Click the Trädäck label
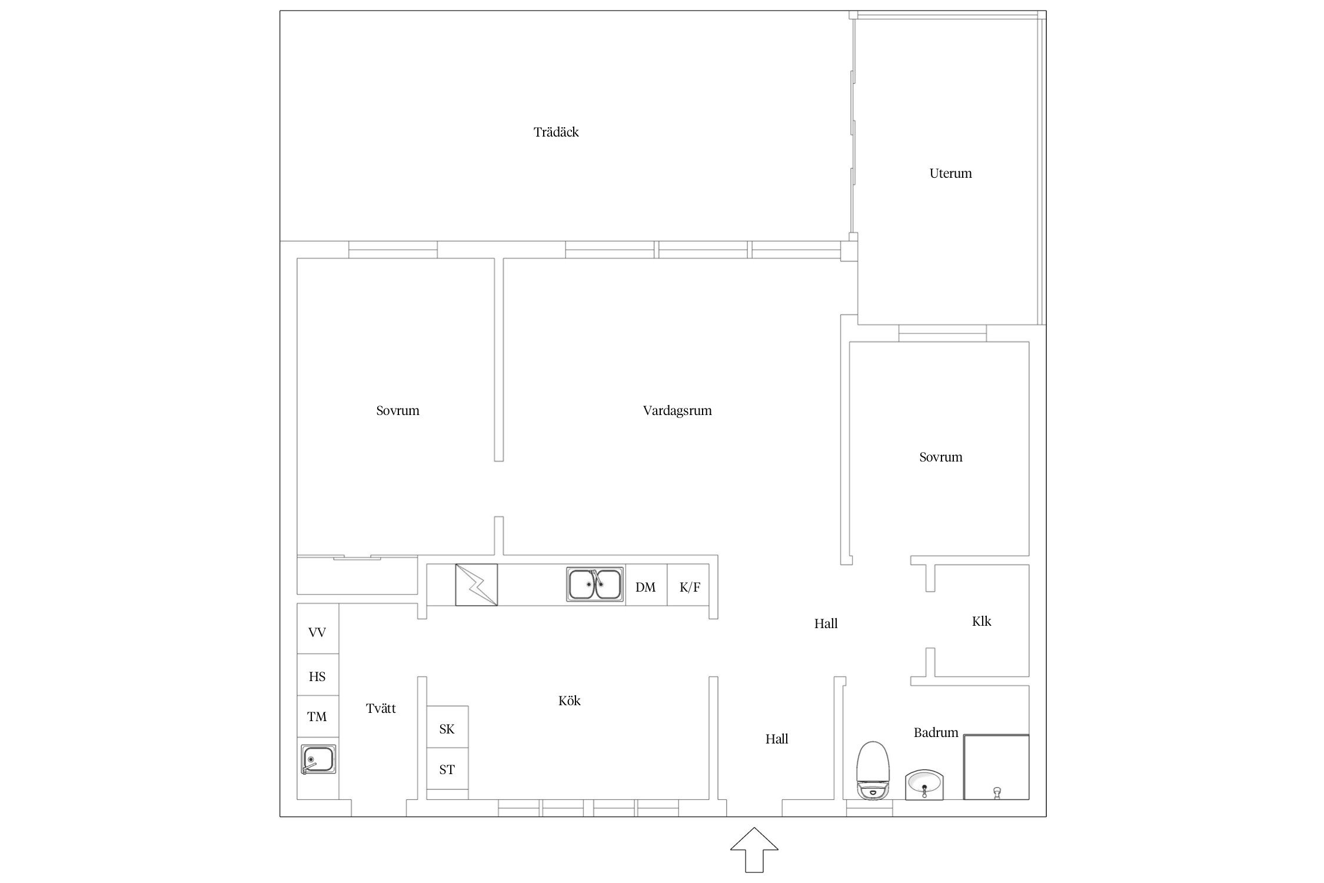point(556,132)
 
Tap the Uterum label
point(950,173)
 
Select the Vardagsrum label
point(677,411)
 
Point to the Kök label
point(569,701)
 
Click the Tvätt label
point(381,708)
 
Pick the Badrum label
point(936,732)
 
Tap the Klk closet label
point(982,621)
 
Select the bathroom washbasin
point(924,785)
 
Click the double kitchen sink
point(595,585)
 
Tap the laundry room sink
point(318,759)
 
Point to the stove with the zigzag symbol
point(476,585)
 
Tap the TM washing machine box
point(318,716)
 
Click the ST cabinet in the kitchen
point(447,769)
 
